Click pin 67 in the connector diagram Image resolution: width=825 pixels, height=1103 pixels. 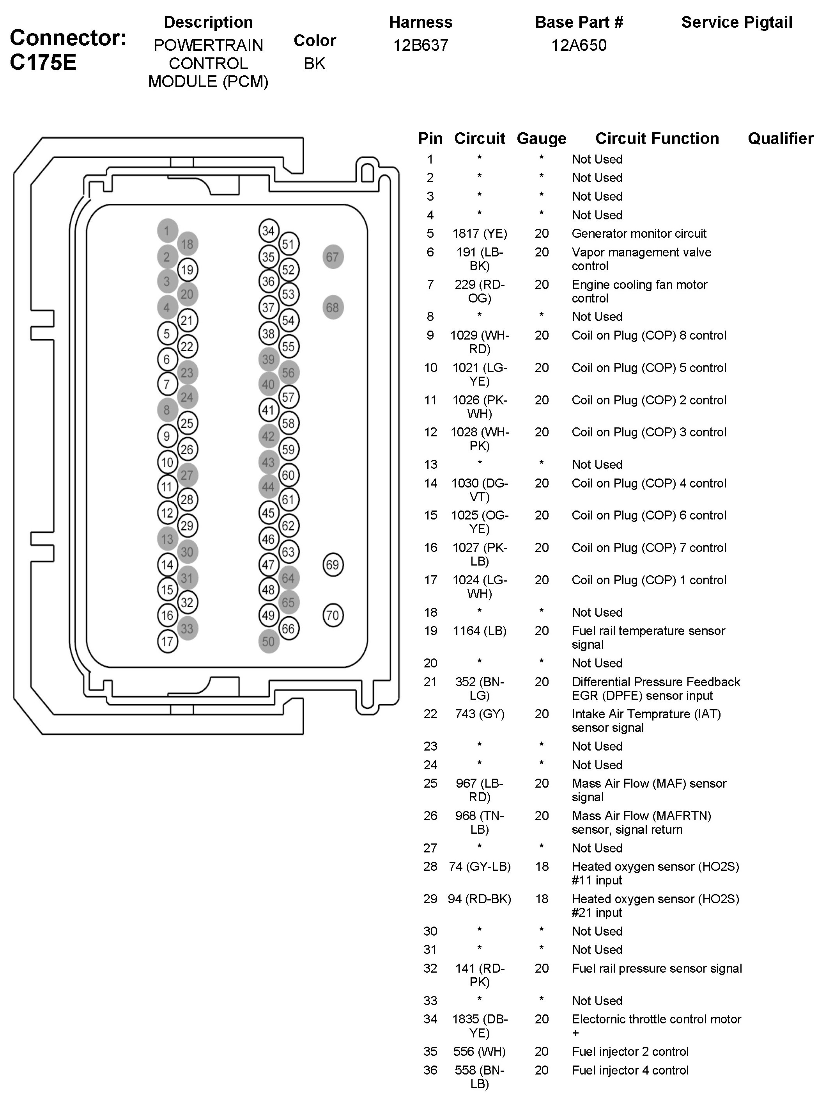tap(333, 257)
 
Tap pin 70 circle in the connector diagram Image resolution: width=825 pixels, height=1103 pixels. tap(333, 615)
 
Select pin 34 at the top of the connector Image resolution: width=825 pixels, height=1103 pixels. tap(269, 230)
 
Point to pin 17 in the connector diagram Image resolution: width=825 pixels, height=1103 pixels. tap(167, 641)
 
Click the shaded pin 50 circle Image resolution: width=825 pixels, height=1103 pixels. tap(269, 641)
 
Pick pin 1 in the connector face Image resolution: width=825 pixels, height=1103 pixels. tap(167, 230)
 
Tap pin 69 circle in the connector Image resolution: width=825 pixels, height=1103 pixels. tap(333, 564)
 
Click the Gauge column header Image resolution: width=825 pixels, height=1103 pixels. tap(542, 138)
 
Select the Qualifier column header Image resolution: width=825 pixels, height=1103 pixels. tap(780, 138)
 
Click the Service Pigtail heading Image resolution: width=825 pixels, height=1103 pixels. tap(736, 22)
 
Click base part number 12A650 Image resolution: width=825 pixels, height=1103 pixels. tap(579, 45)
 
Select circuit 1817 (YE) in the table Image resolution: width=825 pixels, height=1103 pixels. tap(479, 233)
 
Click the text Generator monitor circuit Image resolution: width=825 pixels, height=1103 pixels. tap(639, 233)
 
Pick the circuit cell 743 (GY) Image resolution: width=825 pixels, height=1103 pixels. tap(479, 714)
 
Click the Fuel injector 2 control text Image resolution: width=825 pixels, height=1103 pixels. tap(630, 1051)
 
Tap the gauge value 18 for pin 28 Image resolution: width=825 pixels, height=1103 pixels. tap(542, 866)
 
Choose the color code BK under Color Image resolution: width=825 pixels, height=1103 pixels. tap(314, 63)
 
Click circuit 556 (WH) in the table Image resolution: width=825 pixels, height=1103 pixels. tap(479, 1051)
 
